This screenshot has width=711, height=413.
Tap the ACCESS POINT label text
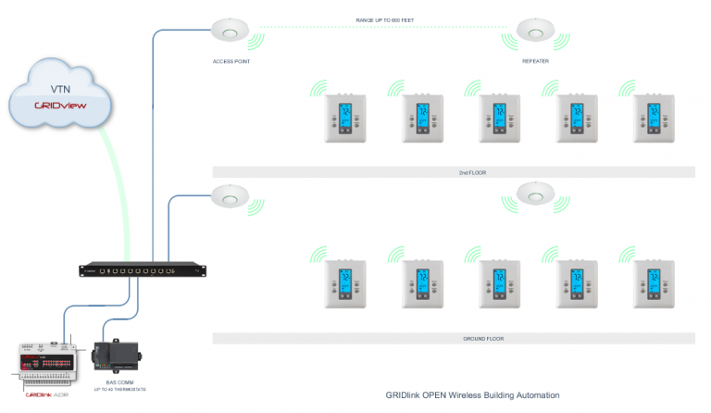[231, 61]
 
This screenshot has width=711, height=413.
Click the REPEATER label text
[534, 61]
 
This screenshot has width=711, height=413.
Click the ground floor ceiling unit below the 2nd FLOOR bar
[534, 193]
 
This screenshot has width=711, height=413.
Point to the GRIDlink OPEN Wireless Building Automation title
[472, 395]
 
